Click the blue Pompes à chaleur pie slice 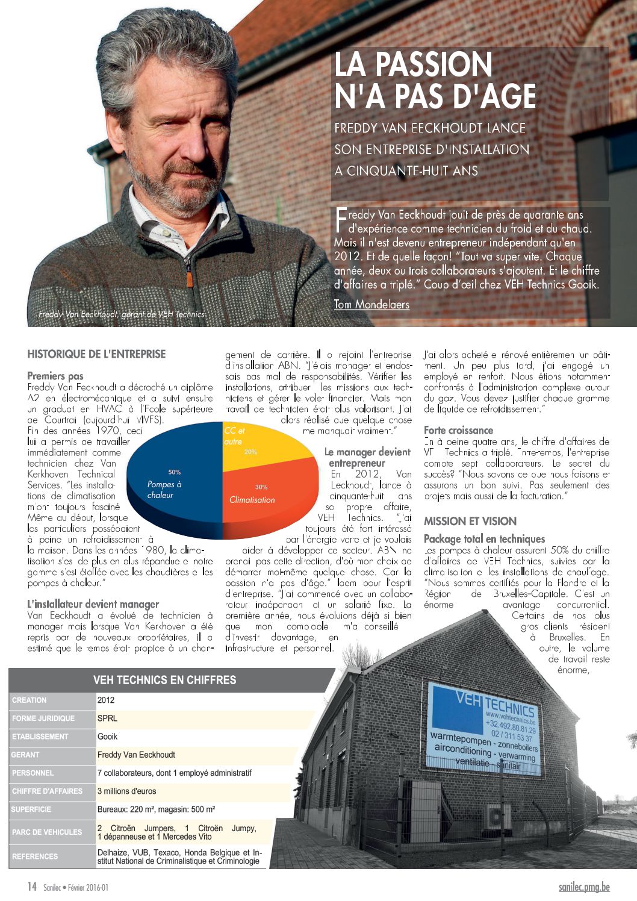[169, 482]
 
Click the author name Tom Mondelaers [371, 304]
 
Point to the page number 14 [32, 887]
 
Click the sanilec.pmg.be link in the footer [583, 887]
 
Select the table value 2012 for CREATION [106, 700]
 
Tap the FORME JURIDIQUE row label [43, 719]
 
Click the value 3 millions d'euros [126, 791]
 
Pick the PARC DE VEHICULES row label [47, 832]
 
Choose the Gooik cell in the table [108, 737]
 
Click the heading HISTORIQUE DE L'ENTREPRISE [96, 354]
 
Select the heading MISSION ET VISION [470, 522]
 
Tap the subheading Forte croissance [458, 431]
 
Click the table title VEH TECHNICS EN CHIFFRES [164, 680]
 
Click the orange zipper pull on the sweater [189, 279]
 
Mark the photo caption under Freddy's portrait [122, 314]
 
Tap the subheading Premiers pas [55, 376]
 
